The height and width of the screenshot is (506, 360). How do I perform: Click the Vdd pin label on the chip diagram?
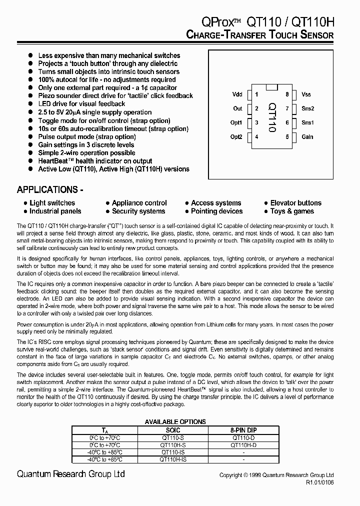coord(237,94)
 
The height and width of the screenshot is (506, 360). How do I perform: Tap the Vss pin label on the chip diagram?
coord(306,94)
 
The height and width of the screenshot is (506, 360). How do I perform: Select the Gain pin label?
coord(307,136)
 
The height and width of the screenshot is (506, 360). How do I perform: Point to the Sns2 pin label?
coord(307,108)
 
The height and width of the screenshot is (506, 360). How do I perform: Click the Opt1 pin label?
coord(236,122)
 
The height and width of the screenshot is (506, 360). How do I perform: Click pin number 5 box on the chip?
coord(287,136)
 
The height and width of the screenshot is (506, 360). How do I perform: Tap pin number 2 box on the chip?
coord(256,108)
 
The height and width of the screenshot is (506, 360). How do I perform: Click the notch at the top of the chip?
coord(271,88)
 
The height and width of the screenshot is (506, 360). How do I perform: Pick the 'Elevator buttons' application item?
coord(295,203)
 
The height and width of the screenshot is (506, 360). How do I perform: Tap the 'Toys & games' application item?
coord(292,211)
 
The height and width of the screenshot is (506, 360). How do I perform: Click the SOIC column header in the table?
coord(173,430)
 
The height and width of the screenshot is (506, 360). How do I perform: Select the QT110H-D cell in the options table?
coord(243,444)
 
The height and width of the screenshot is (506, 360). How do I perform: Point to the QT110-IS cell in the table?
coord(173,451)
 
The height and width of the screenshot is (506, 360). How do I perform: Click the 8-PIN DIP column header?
coord(243,430)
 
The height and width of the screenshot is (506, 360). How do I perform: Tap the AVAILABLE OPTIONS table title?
coord(175,422)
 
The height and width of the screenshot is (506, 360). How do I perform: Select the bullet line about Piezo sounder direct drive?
coord(115,95)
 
